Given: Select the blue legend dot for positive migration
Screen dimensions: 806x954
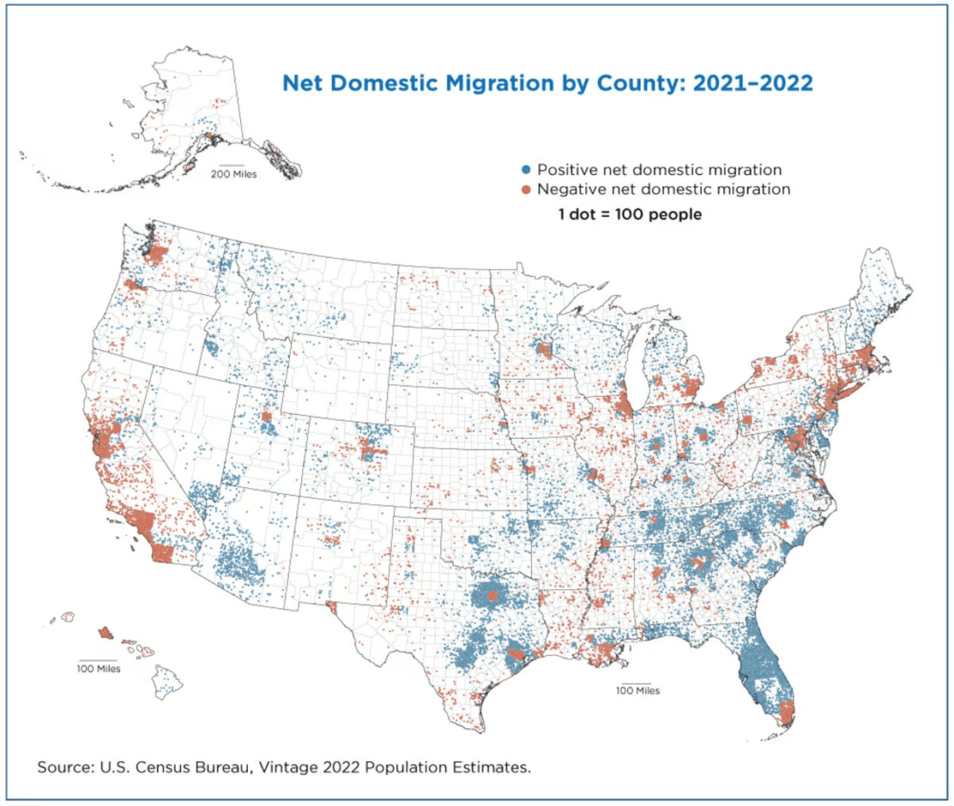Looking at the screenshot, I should coord(525,170).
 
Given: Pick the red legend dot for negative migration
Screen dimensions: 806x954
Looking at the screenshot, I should coord(525,190).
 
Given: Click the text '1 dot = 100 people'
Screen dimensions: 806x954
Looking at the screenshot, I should coord(630,215).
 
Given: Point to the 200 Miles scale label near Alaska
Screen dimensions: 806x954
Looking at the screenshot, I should coord(233,174).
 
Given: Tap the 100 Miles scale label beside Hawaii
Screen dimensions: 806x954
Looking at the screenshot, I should coord(99,668).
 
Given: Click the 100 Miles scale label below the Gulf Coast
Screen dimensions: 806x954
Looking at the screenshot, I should coord(637,690).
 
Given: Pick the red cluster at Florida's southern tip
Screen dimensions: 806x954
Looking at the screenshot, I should coord(785,712).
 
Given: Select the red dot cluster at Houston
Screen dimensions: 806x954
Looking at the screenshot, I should coord(516,655).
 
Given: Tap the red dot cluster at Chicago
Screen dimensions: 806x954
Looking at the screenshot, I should coord(624,409).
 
